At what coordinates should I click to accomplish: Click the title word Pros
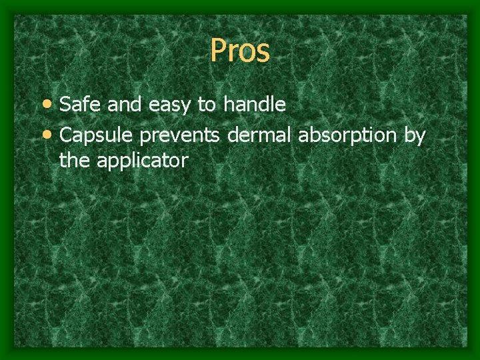(x=240, y=51)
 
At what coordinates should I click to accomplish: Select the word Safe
(x=77, y=104)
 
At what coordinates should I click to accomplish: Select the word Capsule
(x=97, y=135)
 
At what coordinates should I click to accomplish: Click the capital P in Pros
(x=218, y=51)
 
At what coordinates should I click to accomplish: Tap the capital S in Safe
(x=65, y=105)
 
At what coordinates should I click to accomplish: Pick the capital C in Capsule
(x=66, y=135)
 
